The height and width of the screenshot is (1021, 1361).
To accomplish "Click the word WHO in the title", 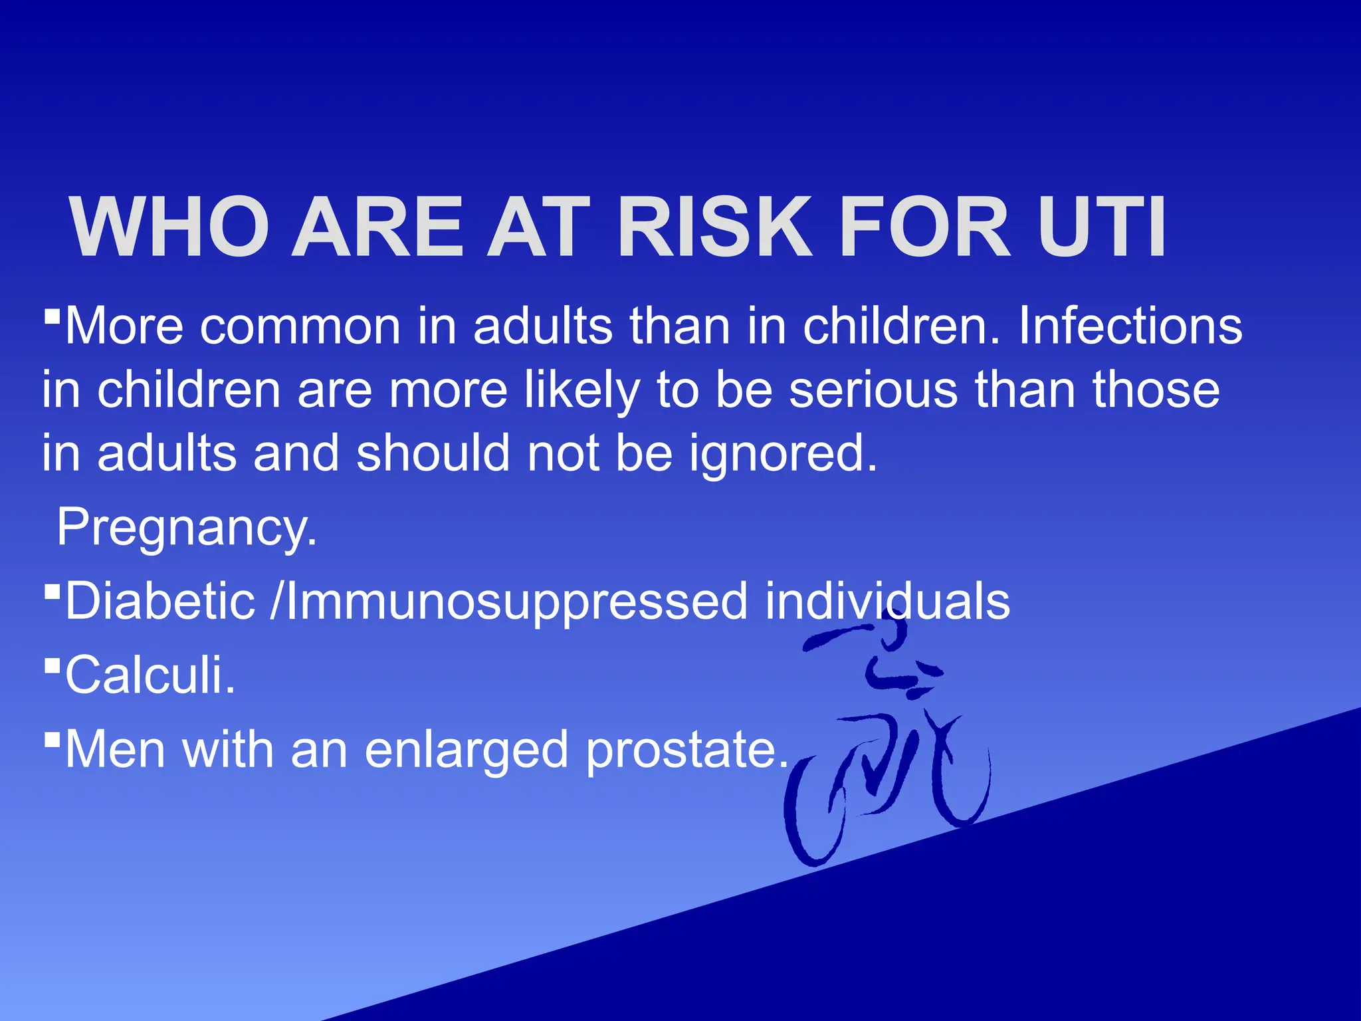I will pyautogui.click(x=169, y=227).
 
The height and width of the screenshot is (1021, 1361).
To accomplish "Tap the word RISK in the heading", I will pyautogui.click(x=714, y=227).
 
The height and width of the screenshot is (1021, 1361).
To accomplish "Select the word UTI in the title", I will pyautogui.click(x=1101, y=227).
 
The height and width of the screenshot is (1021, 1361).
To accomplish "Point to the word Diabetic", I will pyautogui.click(x=160, y=601).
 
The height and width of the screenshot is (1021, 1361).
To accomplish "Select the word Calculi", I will pyautogui.click(x=150, y=675).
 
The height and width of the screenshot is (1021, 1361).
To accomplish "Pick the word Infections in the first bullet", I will pyautogui.click(x=1130, y=326).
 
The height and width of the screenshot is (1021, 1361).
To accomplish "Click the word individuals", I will pyautogui.click(x=887, y=601).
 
